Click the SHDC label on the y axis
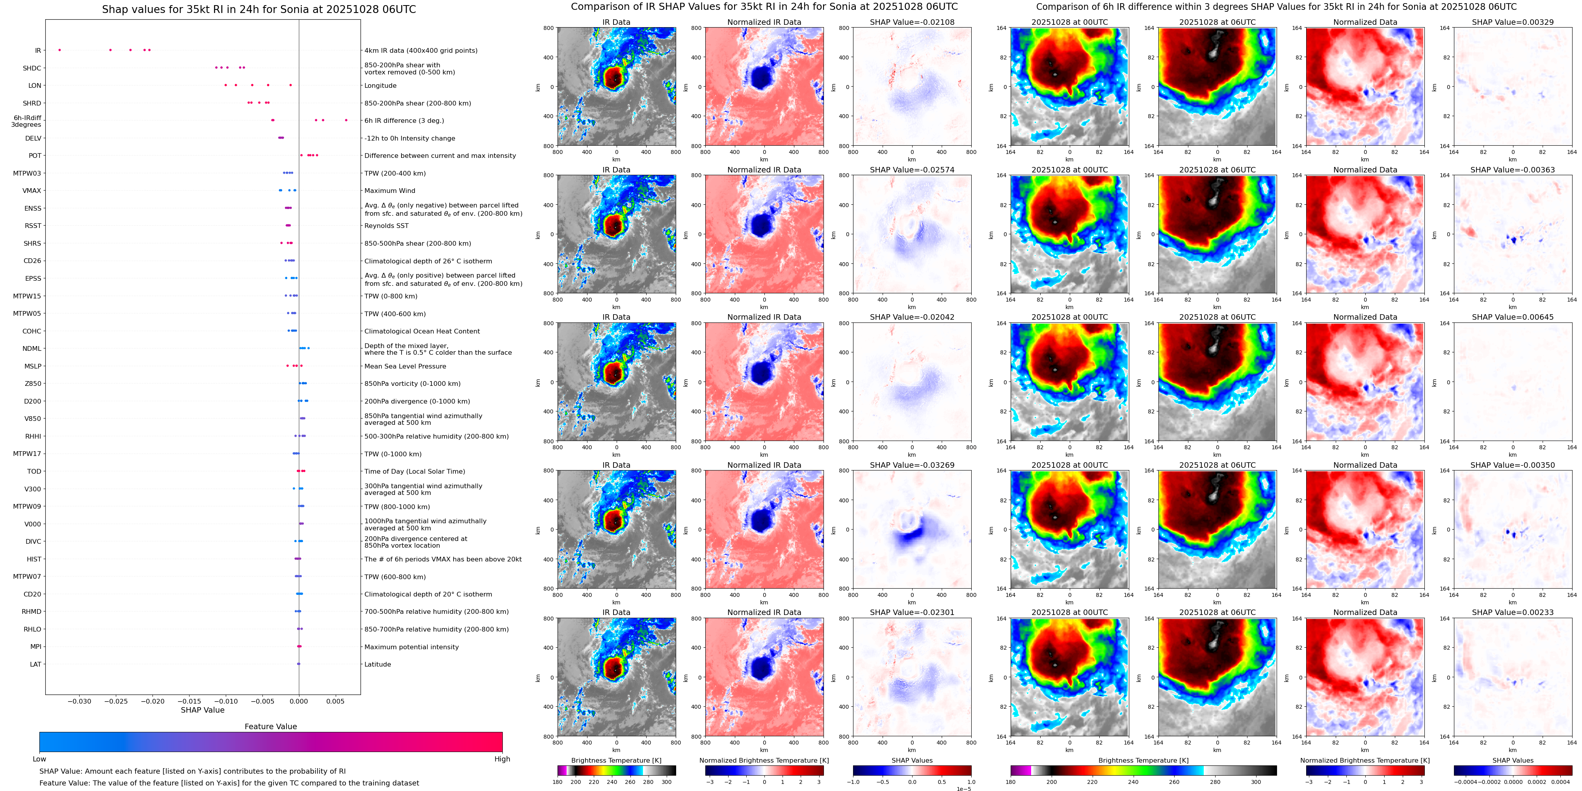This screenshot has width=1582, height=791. pyautogui.click(x=32, y=68)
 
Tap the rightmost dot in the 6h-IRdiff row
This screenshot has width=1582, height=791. pyautogui.click(x=346, y=120)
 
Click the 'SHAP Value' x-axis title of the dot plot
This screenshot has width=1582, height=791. pyautogui.click(x=203, y=710)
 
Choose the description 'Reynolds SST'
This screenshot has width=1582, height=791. pyautogui.click(x=386, y=226)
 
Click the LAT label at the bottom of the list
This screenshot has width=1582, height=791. pyautogui.click(x=35, y=664)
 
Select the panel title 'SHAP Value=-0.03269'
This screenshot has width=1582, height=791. pyautogui.click(x=912, y=465)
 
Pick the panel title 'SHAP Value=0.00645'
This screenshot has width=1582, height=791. pyautogui.click(x=1513, y=317)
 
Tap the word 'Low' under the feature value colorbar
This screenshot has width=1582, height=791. pyautogui.click(x=39, y=759)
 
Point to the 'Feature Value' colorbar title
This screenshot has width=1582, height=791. pyautogui.click(x=271, y=726)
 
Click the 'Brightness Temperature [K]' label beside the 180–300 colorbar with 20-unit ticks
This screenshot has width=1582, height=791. pyautogui.click(x=616, y=760)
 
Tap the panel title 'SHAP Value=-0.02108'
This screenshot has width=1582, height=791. pyautogui.click(x=912, y=22)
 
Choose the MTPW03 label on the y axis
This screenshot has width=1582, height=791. pyautogui.click(x=27, y=173)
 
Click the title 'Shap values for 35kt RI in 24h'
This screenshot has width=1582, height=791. pyautogui.click(x=258, y=9)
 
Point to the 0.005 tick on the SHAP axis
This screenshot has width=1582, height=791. pyautogui.click(x=335, y=701)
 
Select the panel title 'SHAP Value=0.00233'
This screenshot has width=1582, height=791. pyautogui.click(x=1513, y=612)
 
